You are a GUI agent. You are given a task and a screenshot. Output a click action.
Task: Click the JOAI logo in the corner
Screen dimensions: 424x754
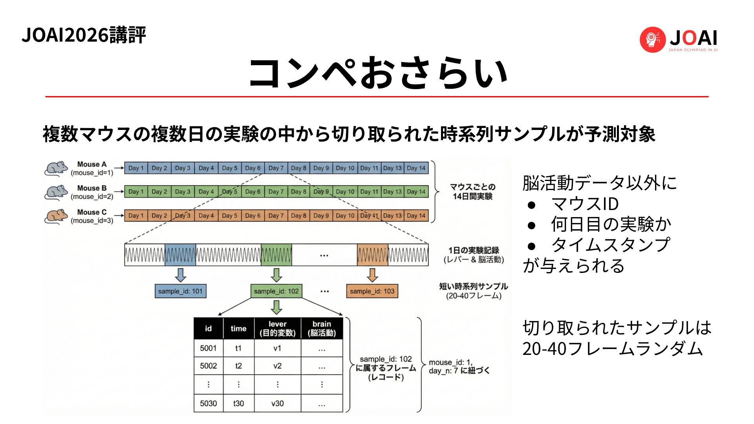pos(679,39)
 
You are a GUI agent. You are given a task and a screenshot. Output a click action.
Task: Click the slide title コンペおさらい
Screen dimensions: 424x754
pos(378,73)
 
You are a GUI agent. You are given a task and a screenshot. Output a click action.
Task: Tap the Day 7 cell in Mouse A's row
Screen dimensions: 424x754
pos(276,168)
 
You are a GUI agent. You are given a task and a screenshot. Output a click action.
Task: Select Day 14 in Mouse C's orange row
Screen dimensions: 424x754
pos(416,216)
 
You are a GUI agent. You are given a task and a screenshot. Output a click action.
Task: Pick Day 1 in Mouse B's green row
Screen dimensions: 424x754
pos(136,192)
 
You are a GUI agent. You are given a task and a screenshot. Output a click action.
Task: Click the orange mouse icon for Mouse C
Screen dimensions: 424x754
pos(56,216)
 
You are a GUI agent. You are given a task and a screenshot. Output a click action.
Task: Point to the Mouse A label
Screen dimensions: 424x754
pos(92,164)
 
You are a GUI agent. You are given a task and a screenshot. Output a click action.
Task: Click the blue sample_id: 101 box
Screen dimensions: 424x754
pos(180,291)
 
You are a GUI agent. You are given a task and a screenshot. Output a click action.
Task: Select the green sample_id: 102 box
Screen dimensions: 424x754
pos(276,291)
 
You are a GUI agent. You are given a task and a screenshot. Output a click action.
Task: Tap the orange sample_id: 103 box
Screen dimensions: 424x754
pos(372,291)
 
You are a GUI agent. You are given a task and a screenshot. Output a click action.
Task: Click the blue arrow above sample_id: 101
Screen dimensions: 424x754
pos(180,275)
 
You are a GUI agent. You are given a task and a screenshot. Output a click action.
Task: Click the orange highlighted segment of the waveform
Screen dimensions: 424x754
pos(372,255)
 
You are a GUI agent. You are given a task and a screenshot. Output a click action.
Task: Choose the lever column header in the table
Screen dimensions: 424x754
pos(277,329)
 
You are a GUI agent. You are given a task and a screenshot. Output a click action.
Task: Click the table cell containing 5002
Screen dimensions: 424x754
pos(208,366)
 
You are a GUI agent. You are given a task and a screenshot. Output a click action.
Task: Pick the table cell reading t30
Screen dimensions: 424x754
pos(238,403)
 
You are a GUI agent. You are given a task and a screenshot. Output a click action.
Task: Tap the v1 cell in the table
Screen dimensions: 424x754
pos(277,348)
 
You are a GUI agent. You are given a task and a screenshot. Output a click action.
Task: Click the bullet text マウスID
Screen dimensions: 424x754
pos(585,204)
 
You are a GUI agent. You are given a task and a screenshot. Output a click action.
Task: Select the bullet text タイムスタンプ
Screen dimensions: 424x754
pos(610,245)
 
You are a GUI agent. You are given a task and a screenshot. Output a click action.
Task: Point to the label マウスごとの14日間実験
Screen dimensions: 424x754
pos(472,192)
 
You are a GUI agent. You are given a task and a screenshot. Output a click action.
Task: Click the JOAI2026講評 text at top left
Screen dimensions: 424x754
pos(84,35)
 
